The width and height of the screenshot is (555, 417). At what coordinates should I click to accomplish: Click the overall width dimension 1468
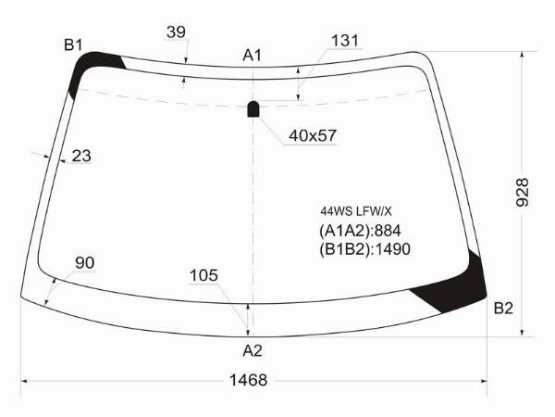point(248,380)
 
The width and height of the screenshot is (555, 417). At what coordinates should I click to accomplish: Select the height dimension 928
point(522,193)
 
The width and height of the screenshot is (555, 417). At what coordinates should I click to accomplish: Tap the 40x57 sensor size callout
point(313,135)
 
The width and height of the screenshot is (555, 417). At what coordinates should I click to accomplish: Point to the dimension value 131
point(345,41)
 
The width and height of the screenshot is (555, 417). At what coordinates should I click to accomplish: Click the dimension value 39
point(176,32)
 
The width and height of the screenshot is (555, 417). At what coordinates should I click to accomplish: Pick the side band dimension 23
point(81,156)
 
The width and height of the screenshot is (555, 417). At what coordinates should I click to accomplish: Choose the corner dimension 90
point(84,263)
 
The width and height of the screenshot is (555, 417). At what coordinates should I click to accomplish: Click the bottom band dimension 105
point(203,275)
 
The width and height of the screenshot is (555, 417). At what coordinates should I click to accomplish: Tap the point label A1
point(252,56)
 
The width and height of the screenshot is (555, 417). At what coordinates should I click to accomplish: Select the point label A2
point(253,350)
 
